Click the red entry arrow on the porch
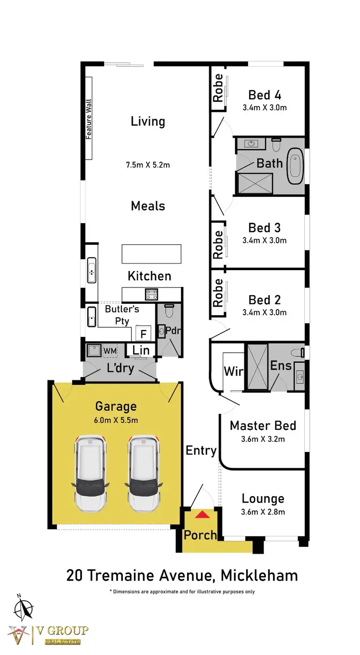(202, 515)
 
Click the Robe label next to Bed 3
(218, 244)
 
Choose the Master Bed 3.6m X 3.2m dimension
(263, 439)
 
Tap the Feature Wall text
(89, 119)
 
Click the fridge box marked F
(143, 333)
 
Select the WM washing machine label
(110, 351)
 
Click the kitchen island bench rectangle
(151, 254)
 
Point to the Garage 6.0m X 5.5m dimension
(116, 420)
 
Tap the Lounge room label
(263, 499)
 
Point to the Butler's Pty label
(122, 314)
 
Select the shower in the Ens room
(256, 367)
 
